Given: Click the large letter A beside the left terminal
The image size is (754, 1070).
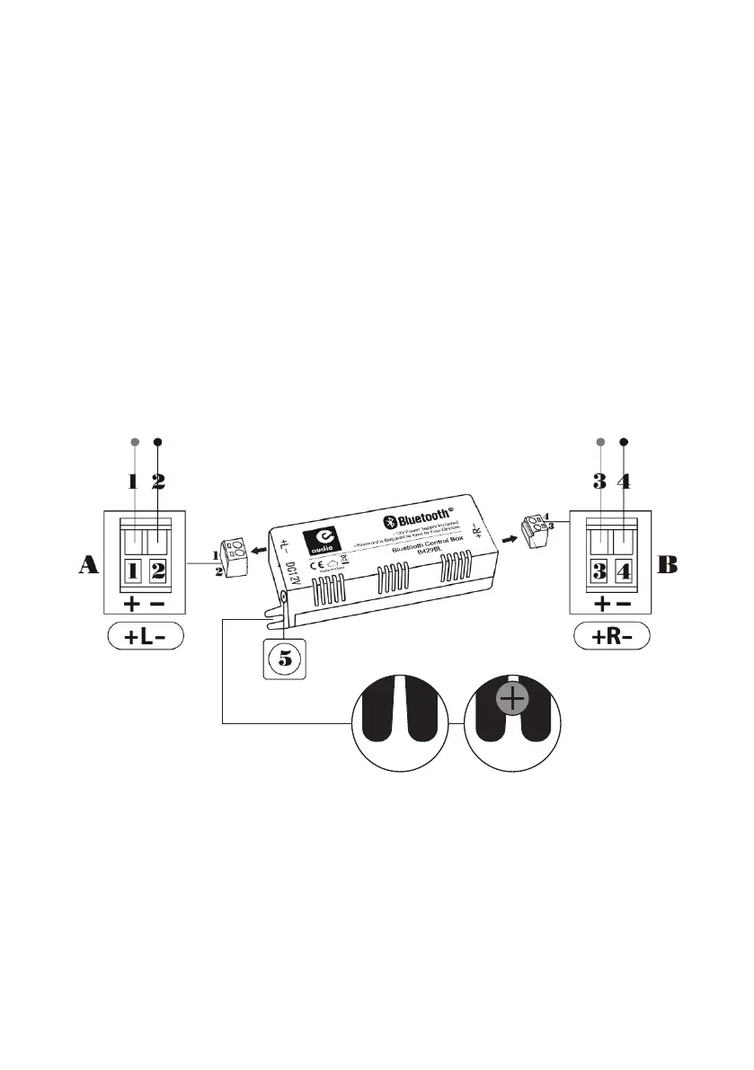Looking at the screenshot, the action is click(88, 565).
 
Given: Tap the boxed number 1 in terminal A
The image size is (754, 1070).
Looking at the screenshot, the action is click(131, 569).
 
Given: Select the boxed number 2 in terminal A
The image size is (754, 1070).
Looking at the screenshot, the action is click(157, 569).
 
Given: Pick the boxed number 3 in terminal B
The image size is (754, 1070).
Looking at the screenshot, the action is click(599, 570).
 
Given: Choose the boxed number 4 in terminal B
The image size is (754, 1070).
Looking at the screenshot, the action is click(625, 570).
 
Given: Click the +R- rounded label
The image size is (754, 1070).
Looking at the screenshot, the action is click(612, 637).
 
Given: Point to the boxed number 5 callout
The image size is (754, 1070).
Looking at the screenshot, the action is click(284, 658).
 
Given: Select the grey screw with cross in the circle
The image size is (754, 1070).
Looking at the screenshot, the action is click(511, 699).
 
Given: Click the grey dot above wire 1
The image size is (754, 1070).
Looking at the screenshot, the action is click(134, 442).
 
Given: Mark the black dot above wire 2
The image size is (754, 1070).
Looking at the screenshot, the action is click(158, 442).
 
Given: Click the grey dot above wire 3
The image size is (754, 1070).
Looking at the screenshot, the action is click(601, 442).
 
